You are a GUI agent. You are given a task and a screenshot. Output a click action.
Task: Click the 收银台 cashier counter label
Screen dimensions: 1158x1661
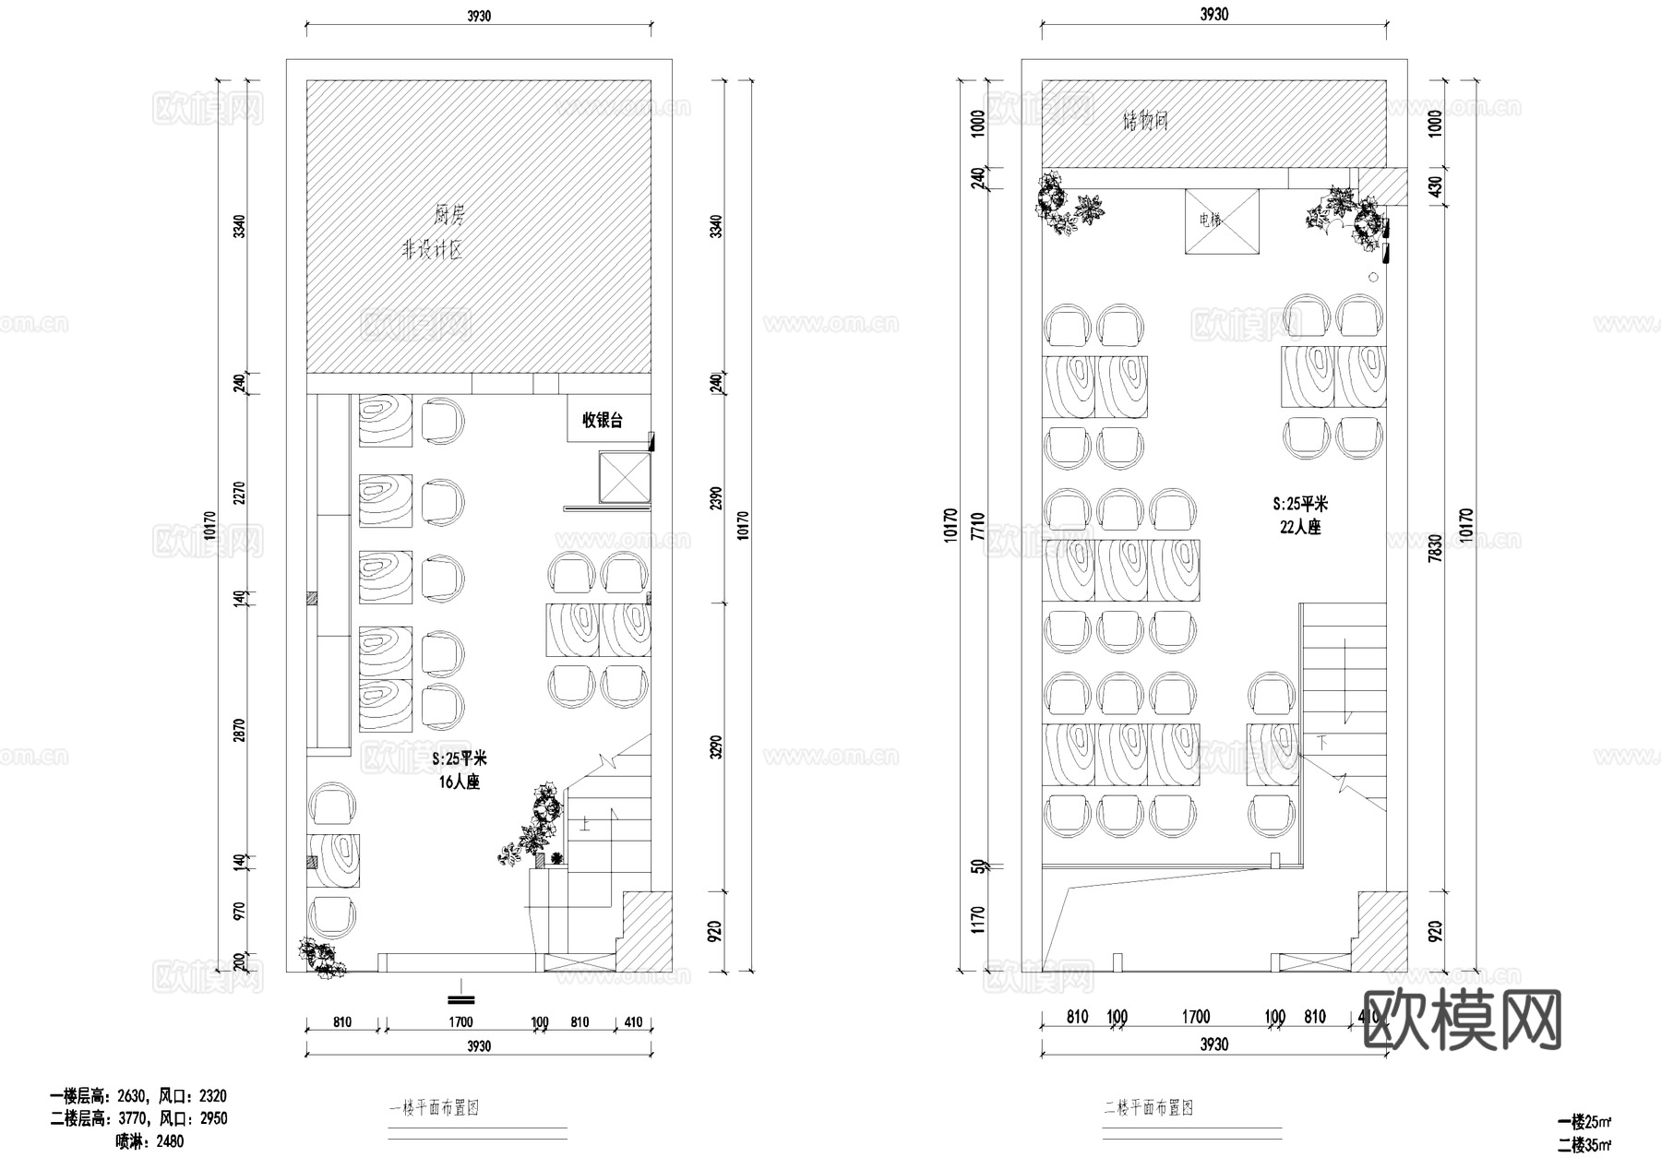coord(602,421)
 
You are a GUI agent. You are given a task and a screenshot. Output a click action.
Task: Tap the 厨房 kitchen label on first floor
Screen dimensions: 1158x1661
coord(449,215)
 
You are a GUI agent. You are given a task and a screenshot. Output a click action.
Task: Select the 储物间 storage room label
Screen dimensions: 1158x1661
coord(1145,121)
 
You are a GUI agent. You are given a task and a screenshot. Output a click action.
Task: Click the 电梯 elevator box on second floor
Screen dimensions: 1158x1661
coord(1221,221)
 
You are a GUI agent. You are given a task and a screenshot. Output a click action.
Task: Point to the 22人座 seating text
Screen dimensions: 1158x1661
coord(1300,527)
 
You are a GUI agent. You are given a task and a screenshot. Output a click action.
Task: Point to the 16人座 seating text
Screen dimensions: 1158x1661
coord(459,782)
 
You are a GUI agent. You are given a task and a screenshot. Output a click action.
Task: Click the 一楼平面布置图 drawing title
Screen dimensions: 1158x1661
coord(434,1108)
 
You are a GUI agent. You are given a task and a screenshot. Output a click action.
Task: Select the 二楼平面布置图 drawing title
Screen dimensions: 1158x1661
coord(1149,1107)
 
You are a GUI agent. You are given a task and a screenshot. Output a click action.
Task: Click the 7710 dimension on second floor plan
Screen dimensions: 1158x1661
coord(978,527)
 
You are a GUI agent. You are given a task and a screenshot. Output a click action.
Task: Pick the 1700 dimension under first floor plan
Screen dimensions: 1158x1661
coord(460,1021)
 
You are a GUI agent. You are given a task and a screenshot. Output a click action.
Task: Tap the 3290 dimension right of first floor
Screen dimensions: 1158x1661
coord(716,746)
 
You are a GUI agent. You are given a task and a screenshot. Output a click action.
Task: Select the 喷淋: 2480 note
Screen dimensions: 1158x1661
coord(149,1141)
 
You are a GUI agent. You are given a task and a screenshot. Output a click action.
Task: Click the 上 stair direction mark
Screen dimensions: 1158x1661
coord(585,824)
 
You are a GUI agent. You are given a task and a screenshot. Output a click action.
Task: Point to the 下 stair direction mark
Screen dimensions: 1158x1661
coord(1321,742)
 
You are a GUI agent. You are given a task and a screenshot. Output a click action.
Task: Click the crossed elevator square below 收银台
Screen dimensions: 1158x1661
coord(624,476)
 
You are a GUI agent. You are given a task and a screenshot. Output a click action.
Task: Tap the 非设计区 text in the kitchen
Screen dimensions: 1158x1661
coord(431,250)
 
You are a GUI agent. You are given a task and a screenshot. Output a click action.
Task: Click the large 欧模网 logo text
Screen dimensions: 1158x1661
coord(1462,1021)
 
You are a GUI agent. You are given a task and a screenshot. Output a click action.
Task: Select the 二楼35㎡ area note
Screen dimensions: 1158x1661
coord(1584,1145)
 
